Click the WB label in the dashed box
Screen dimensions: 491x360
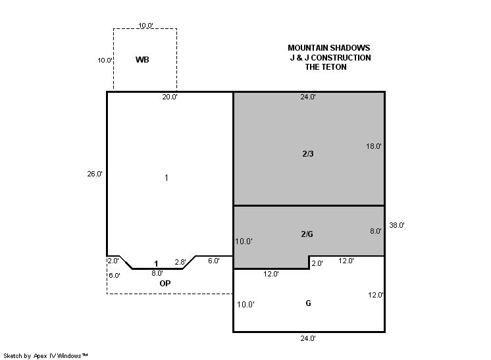142,59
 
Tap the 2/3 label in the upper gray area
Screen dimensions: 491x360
308,154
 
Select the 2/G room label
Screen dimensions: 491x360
307,234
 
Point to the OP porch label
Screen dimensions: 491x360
165,283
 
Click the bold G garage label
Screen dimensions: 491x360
308,303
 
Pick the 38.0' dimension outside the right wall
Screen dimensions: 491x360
397,225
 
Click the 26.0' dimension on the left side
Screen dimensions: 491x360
95,174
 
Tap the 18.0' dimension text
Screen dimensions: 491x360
374,146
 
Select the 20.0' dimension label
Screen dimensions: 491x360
169,97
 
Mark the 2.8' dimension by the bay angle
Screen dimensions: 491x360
180,262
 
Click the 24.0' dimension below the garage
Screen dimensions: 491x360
308,338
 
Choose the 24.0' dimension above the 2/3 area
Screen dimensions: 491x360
308,97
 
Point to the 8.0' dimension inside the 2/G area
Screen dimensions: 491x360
375,231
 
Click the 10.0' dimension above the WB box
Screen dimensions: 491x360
145,26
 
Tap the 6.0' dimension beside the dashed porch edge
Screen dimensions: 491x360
115,276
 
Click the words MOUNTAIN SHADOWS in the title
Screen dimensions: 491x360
329,48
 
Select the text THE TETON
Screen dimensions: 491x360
326,67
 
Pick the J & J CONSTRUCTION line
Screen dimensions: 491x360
330,58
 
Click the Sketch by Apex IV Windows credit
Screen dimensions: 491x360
45,355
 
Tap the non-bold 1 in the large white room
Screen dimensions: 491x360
167,178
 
